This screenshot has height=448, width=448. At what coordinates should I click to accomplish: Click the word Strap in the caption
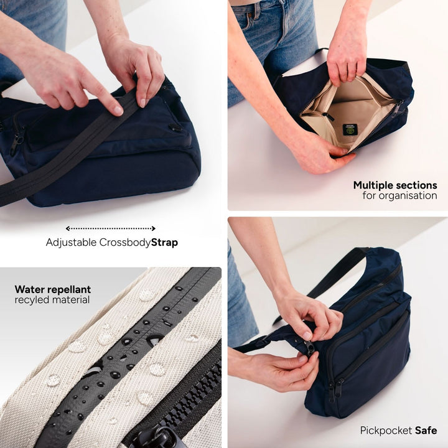coord(164,242)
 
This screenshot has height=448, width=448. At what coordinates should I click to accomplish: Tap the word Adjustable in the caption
coord(71,243)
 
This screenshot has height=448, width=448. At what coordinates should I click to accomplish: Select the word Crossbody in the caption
coord(125,243)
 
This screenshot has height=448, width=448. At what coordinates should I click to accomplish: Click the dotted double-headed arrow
coord(111,228)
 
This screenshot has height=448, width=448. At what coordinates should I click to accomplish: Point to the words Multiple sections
coord(395,185)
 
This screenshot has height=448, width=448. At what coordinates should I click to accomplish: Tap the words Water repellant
coord(53,289)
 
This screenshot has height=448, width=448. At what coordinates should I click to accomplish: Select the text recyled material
coord(52,300)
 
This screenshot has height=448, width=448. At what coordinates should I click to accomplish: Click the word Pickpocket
coord(386,431)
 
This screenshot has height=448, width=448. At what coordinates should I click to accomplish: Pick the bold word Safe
coord(426,431)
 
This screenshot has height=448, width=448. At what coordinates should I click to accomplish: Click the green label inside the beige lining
coord(350,129)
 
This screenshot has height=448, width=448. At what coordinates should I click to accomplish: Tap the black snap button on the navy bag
coord(175,128)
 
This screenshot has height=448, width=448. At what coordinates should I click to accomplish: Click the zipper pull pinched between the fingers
coord(310,347)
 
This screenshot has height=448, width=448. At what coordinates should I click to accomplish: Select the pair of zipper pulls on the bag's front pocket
coord(335,390)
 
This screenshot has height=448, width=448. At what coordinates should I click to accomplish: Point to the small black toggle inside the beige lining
coord(325,114)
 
